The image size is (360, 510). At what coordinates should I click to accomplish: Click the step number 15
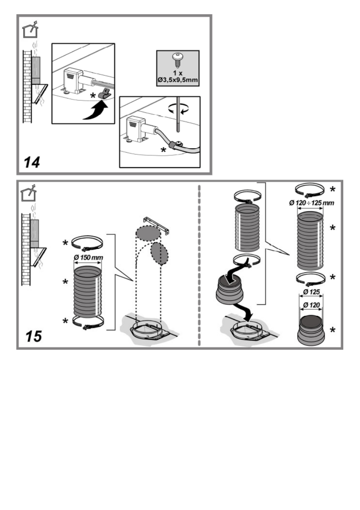click(x=33, y=336)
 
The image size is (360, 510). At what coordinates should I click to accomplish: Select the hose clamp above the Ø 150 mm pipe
click(x=87, y=244)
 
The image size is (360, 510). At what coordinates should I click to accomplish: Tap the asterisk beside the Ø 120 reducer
click(x=333, y=329)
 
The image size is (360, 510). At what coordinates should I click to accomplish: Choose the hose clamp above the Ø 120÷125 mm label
click(x=311, y=189)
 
